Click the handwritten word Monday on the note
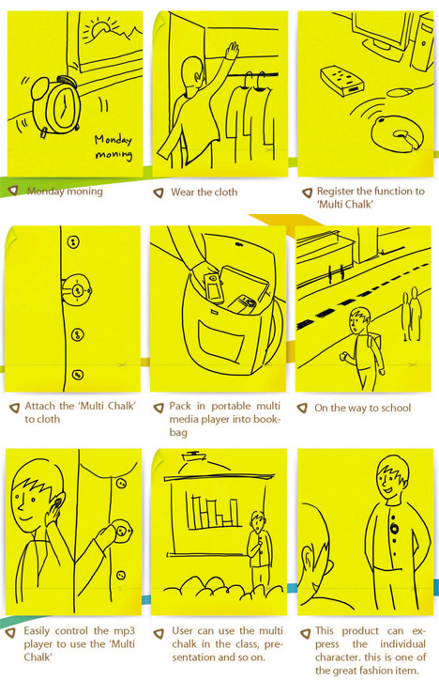[114, 140]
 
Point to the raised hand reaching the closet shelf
[232, 51]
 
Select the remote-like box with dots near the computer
[341, 80]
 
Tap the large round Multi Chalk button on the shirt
[77, 290]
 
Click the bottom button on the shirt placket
[78, 375]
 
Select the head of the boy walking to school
[359, 321]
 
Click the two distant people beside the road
[411, 312]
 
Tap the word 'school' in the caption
[395, 408]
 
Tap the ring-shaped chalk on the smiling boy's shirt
[394, 529]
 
